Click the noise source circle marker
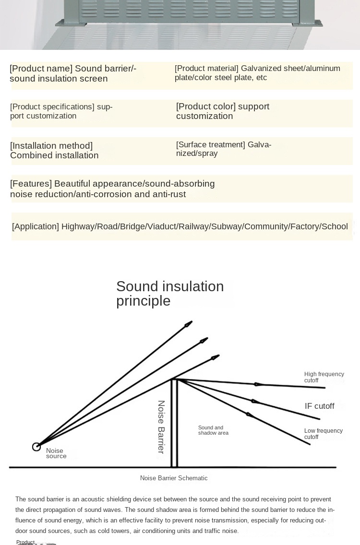pos(36,447)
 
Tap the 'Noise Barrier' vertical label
pos(161,427)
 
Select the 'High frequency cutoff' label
pos(324,377)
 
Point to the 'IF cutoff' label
pos(319,406)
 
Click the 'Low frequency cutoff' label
pos(323,434)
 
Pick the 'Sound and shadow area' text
pos(213,430)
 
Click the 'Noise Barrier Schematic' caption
pos(174,478)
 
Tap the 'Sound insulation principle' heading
pos(170,293)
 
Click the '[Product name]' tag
pos(41,69)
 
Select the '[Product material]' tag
pos(206,69)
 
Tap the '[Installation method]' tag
pos(51,146)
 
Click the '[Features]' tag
pos(31,184)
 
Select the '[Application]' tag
pos(36,226)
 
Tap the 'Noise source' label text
pos(56,453)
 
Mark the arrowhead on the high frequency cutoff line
pos(258,384)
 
